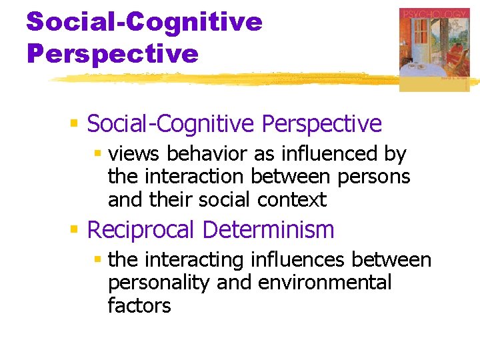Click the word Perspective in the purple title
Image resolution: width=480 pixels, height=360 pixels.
(x=113, y=53)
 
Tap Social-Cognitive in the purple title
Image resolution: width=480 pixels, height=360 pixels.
(x=144, y=22)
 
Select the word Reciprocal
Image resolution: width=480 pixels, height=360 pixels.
(x=141, y=230)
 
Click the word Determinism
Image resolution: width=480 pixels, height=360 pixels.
(x=268, y=230)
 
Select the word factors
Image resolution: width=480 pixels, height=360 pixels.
(x=139, y=305)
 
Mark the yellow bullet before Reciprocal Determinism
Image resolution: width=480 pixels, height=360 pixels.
(x=75, y=231)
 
